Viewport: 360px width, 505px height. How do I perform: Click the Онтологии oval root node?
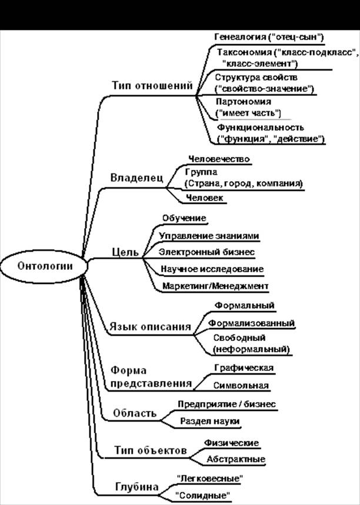click(x=45, y=265)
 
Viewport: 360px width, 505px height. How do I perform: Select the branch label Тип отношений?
click(x=152, y=86)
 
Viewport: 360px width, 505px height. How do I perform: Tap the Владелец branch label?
click(x=136, y=178)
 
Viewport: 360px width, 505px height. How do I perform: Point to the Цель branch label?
click(x=125, y=252)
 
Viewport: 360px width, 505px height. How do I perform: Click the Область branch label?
click(x=136, y=413)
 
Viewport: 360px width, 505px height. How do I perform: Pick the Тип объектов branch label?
click(x=150, y=450)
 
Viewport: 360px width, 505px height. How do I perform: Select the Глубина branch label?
click(x=136, y=487)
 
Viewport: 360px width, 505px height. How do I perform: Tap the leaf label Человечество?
click(x=219, y=159)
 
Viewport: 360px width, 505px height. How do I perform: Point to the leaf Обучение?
click(x=184, y=218)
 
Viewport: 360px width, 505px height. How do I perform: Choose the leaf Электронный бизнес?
click(x=206, y=252)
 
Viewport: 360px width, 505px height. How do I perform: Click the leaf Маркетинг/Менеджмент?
click(x=215, y=286)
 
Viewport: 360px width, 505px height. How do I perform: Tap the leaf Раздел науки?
click(x=209, y=422)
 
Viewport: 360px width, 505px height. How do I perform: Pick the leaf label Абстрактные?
click(x=236, y=459)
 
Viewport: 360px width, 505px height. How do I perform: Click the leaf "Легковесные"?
click(x=209, y=478)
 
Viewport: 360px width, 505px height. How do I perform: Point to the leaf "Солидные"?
click(x=203, y=495)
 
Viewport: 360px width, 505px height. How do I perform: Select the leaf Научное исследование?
click(x=212, y=269)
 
